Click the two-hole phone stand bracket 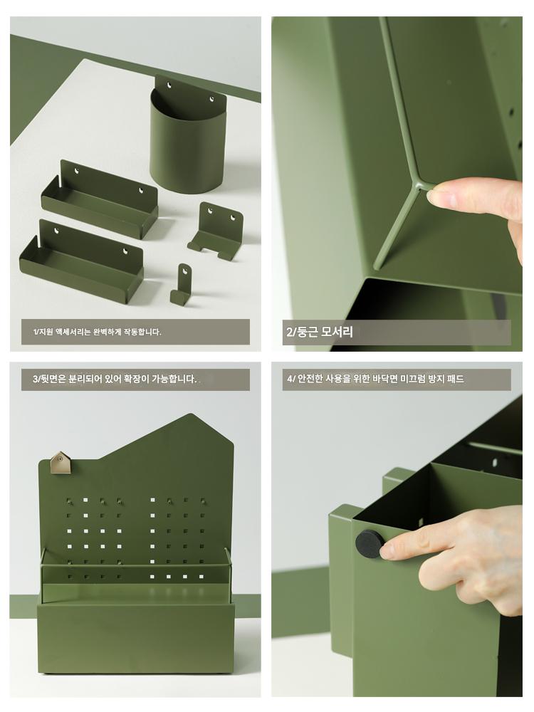[216, 231]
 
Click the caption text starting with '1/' [97, 332]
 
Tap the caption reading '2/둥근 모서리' [319, 332]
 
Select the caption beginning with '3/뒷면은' [115, 379]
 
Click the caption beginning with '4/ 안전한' [375, 379]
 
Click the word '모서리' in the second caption [337, 332]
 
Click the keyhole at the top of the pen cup [169, 85]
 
